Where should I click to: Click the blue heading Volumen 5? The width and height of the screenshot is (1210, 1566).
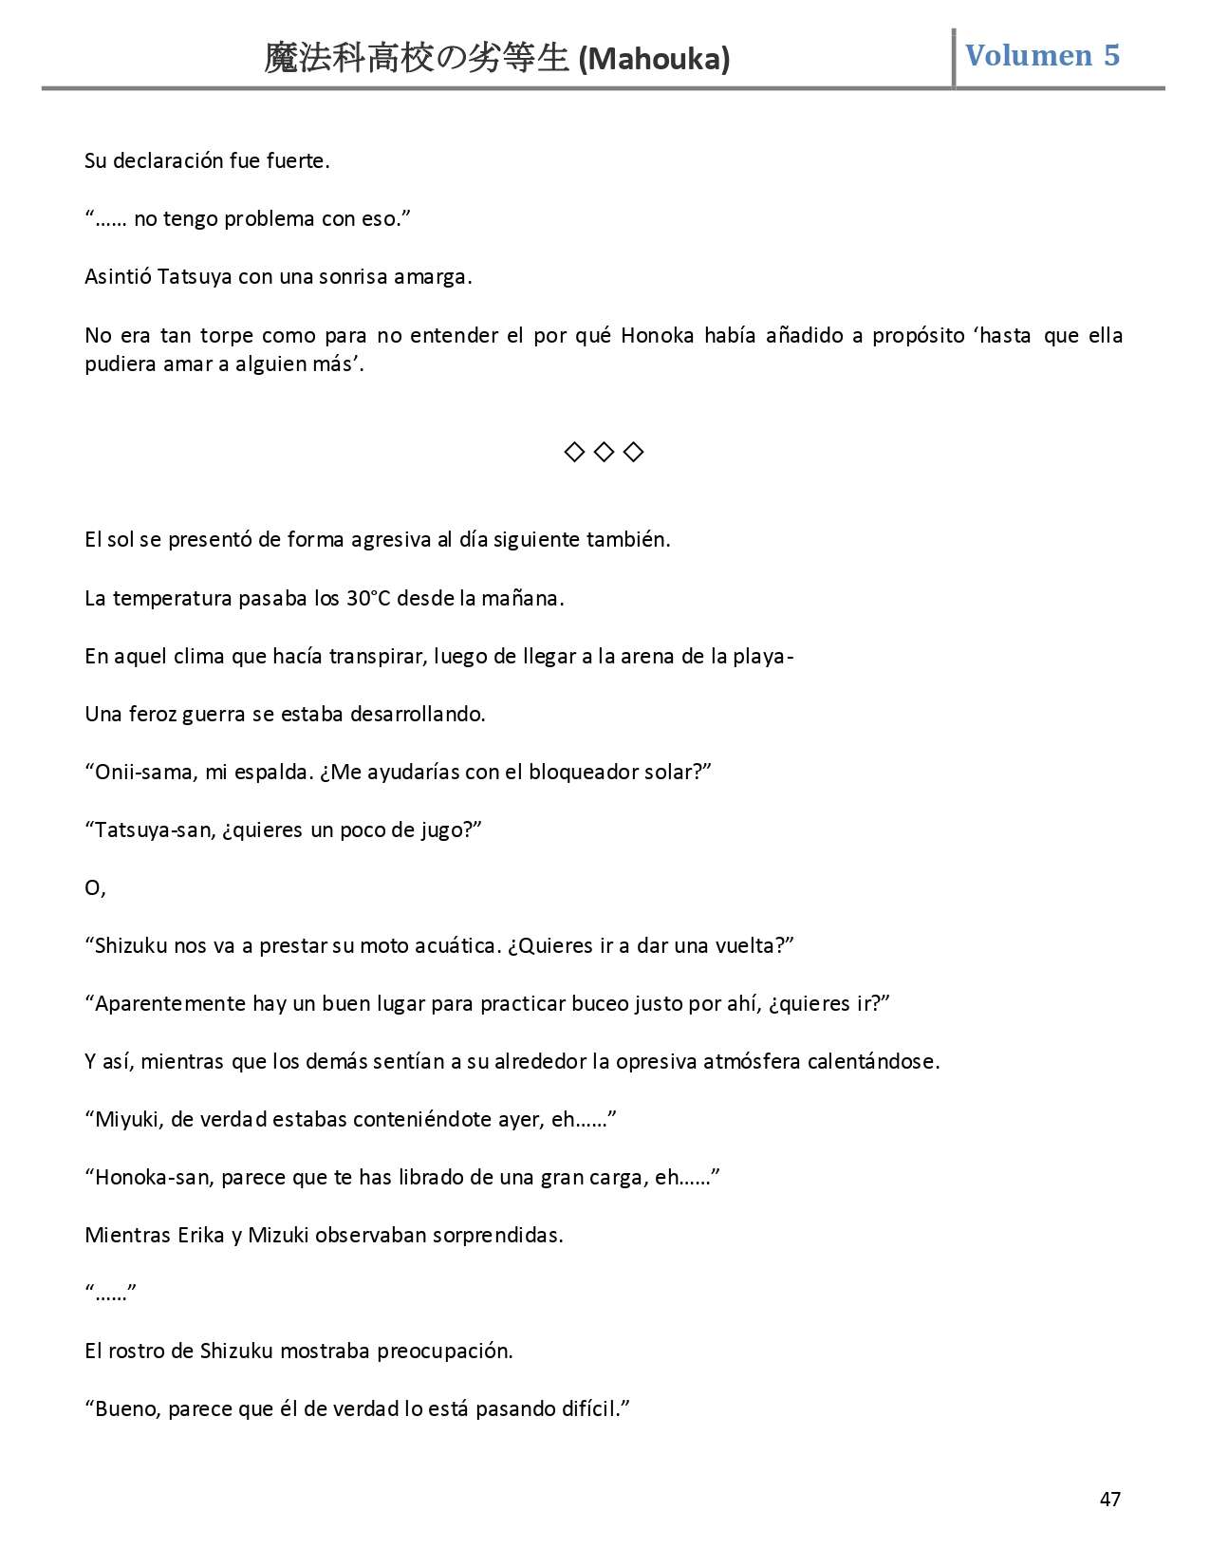[1042, 55]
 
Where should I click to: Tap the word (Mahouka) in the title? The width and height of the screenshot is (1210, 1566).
[654, 60]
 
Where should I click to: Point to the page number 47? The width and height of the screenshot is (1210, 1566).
[1109, 1500]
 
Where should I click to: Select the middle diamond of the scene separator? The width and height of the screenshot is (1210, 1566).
[604, 452]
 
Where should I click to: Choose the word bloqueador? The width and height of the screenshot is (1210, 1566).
[584, 772]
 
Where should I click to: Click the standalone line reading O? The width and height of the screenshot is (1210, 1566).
[95, 888]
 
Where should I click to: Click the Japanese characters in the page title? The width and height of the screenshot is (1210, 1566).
[418, 59]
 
